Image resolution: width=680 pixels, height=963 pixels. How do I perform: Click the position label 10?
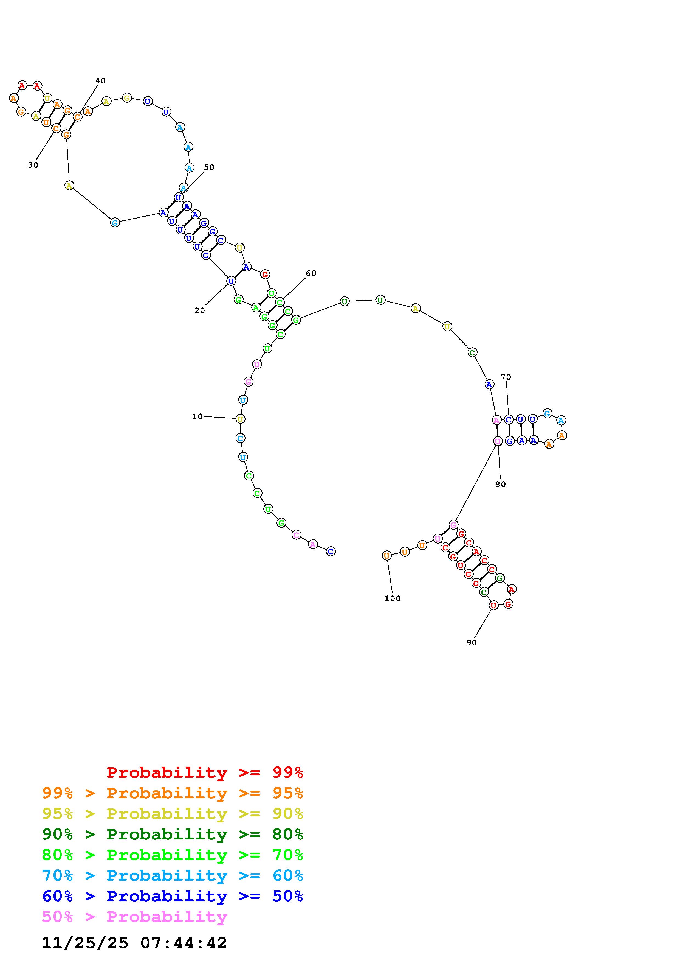tap(197, 416)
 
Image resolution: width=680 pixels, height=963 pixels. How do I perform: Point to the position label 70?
tap(506, 377)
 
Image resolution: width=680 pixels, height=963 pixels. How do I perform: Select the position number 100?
tap(393, 598)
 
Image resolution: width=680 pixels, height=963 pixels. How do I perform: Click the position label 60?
tap(311, 273)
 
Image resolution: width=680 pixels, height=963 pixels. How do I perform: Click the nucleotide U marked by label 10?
tap(240, 419)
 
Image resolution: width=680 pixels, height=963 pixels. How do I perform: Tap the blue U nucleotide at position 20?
tap(231, 281)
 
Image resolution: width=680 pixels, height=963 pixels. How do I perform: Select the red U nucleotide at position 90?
tap(493, 605)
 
